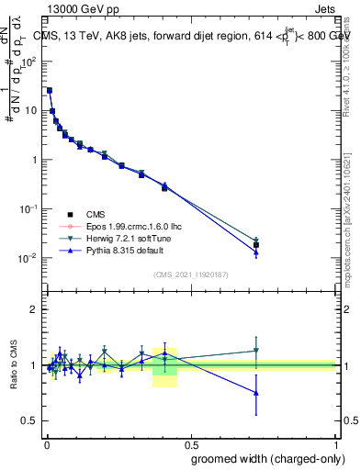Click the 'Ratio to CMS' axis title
12,364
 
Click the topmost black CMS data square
49,91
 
